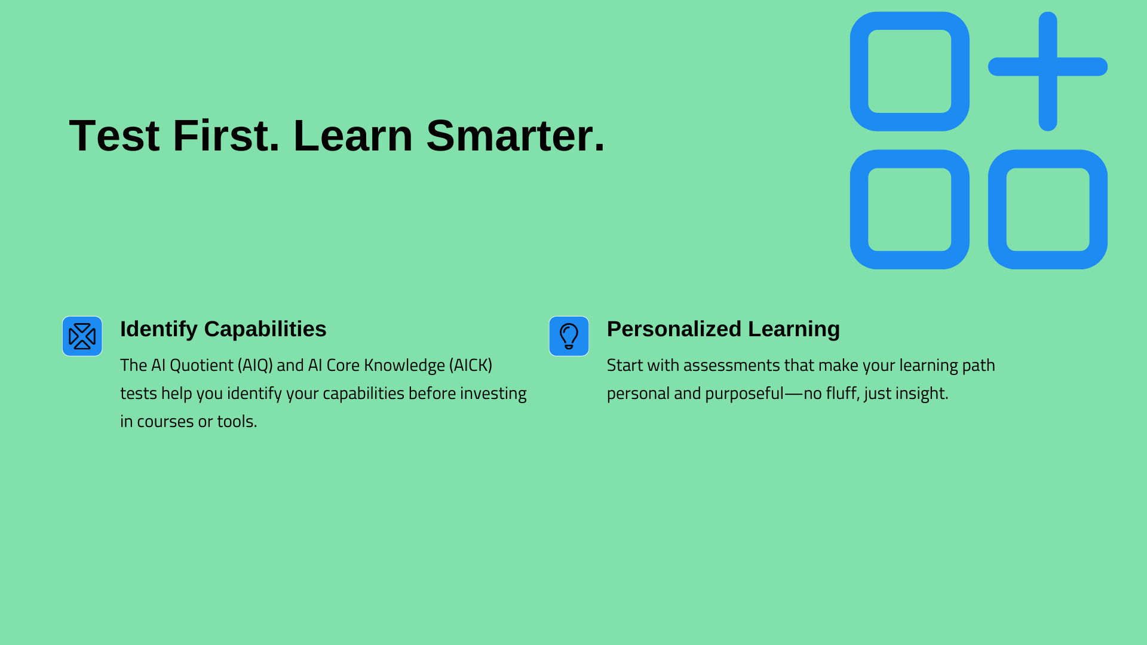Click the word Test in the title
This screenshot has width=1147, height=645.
[x=115, y=136]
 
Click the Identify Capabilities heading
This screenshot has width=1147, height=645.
[x=223, y=329]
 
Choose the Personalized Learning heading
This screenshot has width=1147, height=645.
[x=723, y=329]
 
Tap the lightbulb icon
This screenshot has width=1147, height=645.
[x=569, y=336]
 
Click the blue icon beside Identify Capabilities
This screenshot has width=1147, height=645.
[x=82, y=336]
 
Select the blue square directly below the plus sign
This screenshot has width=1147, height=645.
[x=1048, y=159]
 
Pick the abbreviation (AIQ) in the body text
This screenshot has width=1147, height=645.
[x=255, y=365]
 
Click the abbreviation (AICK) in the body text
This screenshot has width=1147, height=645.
[x=471, y=365]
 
